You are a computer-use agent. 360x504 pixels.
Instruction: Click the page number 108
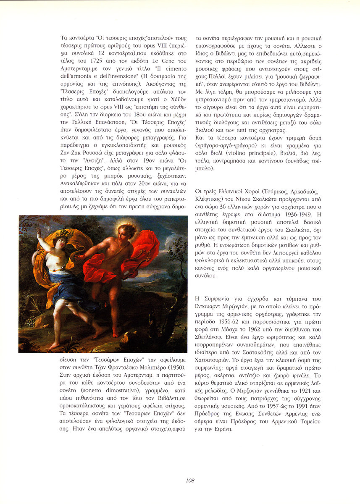click(190, 480)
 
